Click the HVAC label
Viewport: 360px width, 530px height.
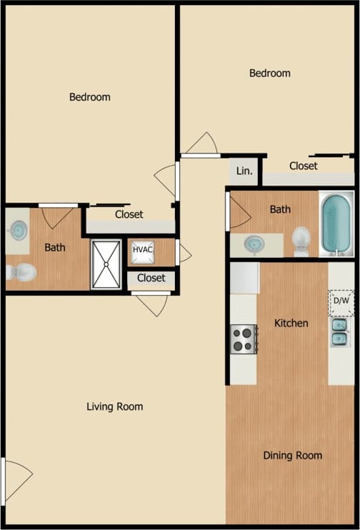pyautogui.click(x=143, y=250)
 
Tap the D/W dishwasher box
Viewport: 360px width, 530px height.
pyautogui.click(x=341, y=301)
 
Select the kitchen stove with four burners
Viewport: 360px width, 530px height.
pyautogui.click(x=243, y=338)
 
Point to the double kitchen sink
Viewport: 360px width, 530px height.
pyautogui.click(x=339, y=332)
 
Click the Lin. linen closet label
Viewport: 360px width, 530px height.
pyautogui.click(x=244, y=171)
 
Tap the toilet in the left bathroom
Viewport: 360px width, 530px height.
pyautogui.click(x=21, y=272)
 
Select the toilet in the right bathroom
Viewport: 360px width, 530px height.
pyautogui.click(x=301, y=240)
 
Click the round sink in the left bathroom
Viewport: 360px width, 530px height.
pyautogui.click(x=18, y=230)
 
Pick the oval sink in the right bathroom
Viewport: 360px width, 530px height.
pyautogui.click(x=254, y=244)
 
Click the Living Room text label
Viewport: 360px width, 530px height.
pyautogui.click(x=114, y=406)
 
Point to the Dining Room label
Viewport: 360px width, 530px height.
pyautogui.click(x=292, y=455)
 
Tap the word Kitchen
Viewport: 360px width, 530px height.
pyautogui.click(x=291, y=323)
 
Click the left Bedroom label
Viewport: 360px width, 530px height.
pyautogui.click(x=89, y=96)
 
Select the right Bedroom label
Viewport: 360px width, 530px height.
pyautogui.click(x=269, y=73)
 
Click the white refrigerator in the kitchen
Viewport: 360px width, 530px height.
pyautogui.click(x=244, y=278)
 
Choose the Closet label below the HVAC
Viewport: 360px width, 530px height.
pyautogui.click(x=151, y=278)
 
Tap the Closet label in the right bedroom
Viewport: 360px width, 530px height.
pyautogui.click(x=304, y=166)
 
